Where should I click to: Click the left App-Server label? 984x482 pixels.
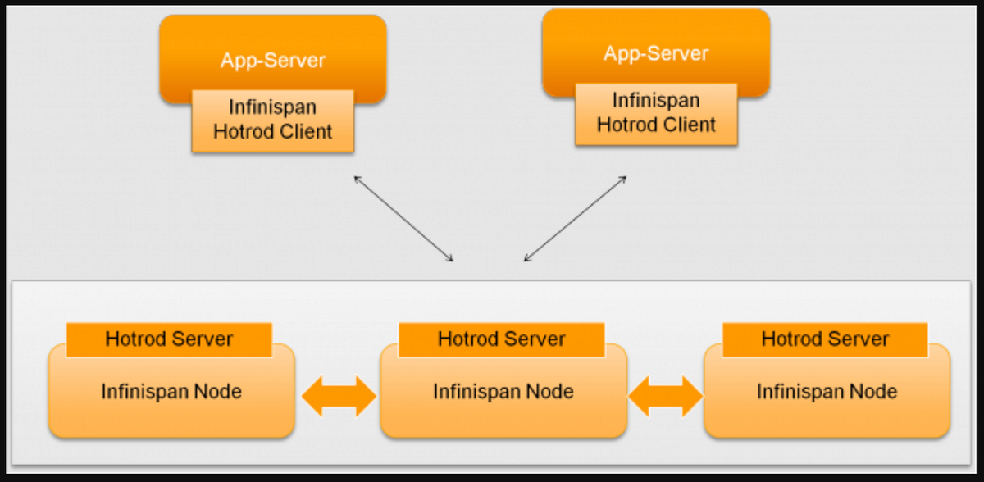[272, 60]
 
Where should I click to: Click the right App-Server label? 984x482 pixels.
[656, 54]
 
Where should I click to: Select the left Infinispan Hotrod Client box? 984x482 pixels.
[272, 120]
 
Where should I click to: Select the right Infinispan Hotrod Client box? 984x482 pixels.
[656, 113]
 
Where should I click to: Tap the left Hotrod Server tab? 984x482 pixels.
[169, 339]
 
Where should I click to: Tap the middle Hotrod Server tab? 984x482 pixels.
[501, 339]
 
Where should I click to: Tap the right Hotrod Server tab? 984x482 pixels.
[825, 339]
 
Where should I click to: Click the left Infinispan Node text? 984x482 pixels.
[171, 391]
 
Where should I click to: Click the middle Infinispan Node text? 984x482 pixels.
[503, 391]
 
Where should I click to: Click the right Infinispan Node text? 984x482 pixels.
[827, 391]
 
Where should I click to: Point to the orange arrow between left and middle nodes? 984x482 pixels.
[338, 398]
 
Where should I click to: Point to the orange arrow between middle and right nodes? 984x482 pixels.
[665, 398]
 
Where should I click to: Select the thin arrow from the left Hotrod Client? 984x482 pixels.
[403, 218]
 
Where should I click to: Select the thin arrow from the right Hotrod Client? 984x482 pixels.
[576, 218]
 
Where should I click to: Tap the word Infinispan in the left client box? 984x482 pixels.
[272, 108]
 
